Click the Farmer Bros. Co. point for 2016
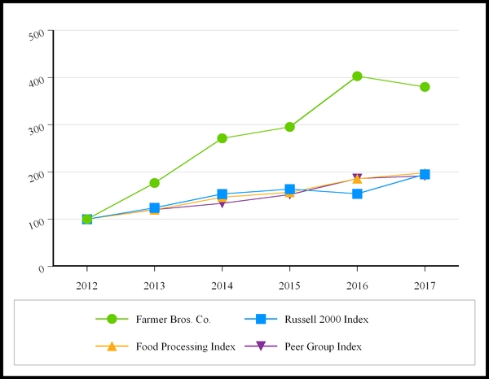click(357, 76)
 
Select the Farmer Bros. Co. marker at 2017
click(425, 87)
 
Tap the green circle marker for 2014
click(222, 138)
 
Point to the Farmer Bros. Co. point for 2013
click(154, 183)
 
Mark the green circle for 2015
click(289, 127)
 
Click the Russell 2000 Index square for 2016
click(357, 194)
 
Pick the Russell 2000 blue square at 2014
click(222, 194)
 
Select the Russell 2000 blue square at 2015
click(289, 189)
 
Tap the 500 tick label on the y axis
click(37, 34)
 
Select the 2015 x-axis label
click(289, 285)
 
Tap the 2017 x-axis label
click(425, 285)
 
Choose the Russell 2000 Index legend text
click(327, 320)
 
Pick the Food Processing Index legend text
click(186, 346)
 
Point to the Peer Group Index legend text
click(323, 346)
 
